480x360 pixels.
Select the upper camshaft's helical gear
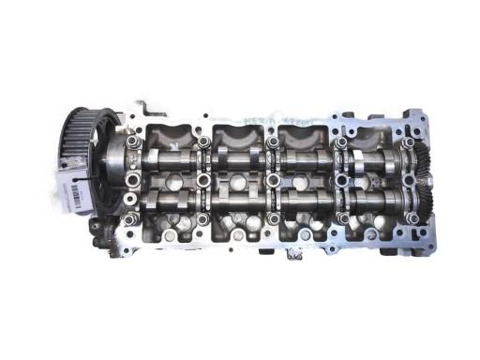416,154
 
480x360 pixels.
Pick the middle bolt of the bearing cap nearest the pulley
135,177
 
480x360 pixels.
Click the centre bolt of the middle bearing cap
273,177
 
